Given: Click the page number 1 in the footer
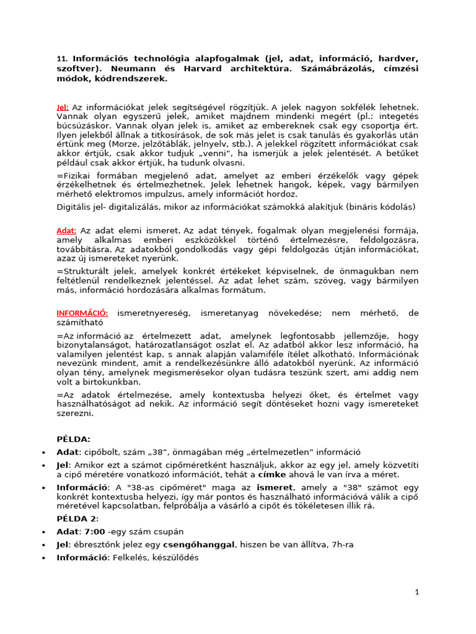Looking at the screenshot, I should [417, 592].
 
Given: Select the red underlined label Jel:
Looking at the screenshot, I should [63, 107].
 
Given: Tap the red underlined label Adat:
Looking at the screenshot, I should [66, 230].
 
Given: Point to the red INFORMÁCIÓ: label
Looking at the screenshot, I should [82, 313].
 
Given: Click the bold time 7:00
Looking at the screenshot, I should [95, 532].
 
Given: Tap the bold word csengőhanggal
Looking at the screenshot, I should [199, 544].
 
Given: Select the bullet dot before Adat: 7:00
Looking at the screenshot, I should [43, 532].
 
